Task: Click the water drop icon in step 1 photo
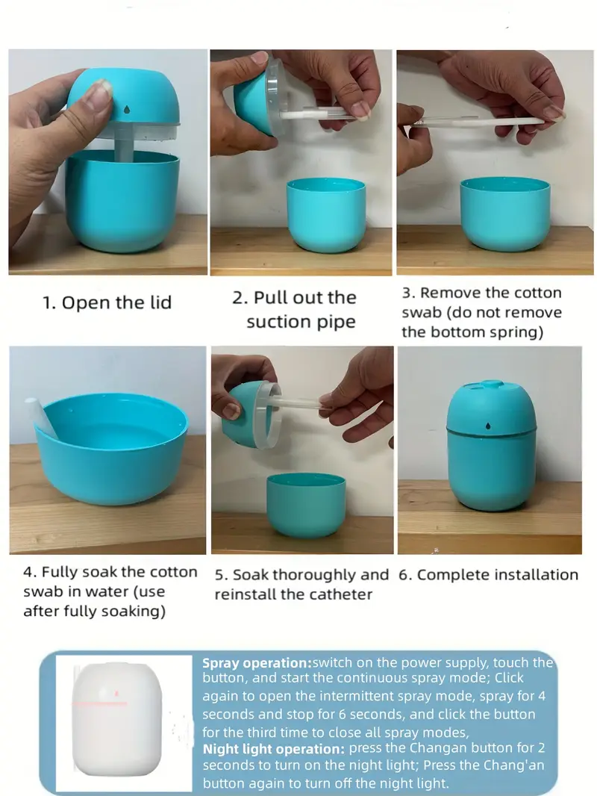tap(126, 109)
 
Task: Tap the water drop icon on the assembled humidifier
tap(488, 426)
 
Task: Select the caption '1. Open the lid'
tap(107, 302)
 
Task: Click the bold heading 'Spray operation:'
tap(257, 663)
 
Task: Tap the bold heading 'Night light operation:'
tap(274, 749)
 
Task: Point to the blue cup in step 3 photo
tap(504, 214)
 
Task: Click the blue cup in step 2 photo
tap(326, 215)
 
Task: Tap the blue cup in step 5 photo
tap(306, 505)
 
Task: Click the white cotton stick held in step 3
tap(479, 122)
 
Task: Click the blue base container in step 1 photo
tap(122, 202)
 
